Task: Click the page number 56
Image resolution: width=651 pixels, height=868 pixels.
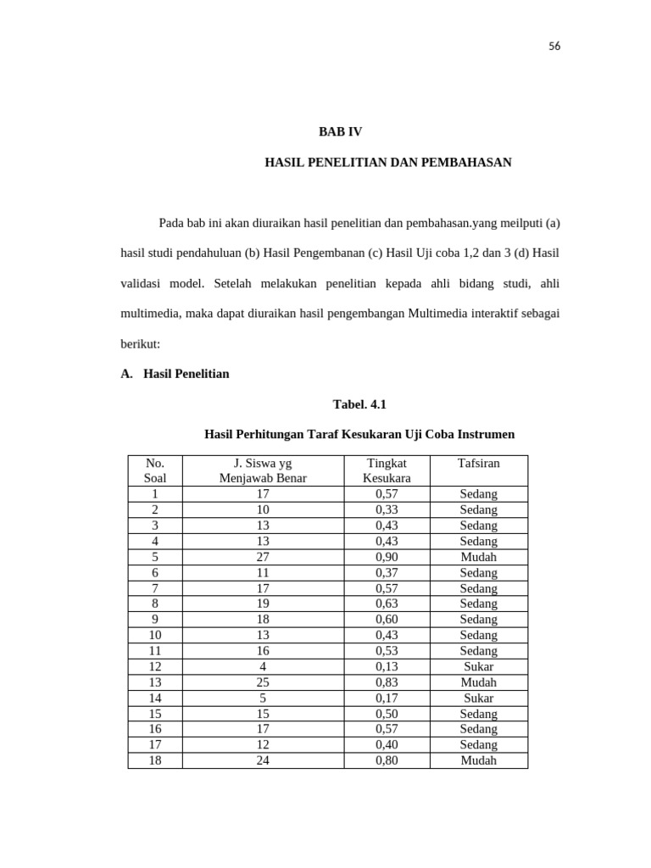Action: [x=554, y=47]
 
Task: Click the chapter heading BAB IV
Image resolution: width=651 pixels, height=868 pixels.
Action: [x=340, y=131]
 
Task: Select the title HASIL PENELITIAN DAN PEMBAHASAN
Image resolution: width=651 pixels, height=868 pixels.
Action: [x=388, y=162]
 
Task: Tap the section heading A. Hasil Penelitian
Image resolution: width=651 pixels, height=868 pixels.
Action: [x=175, y=374]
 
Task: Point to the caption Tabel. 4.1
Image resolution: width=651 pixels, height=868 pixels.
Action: [x=359, y=404]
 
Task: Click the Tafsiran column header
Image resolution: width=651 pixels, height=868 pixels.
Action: [x=478, y=463]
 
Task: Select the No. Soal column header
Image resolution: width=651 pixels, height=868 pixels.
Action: [x=155, y=470]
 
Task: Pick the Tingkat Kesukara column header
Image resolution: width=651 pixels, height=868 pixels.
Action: [x=387, y=470]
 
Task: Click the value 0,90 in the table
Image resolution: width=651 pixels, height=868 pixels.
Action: [x=387, y=557]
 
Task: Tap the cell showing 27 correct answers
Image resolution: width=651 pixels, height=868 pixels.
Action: [x=263, y=557]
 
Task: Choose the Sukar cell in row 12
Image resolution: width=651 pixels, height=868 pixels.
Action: [x=478, y=666]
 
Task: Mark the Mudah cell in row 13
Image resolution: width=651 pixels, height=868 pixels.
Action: [x=478, y=682]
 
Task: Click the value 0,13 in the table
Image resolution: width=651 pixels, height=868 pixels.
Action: [x=387, y=666]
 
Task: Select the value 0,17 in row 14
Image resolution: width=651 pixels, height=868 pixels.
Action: [x=387, y=698]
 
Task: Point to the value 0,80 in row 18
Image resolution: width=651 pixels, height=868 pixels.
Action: [x=387, y=760]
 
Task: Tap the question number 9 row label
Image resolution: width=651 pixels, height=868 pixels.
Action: [x=155, y=620]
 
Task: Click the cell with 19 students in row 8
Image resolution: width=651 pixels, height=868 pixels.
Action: [x=263, y=604]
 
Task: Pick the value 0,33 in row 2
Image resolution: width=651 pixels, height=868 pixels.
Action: [x=387, y=509]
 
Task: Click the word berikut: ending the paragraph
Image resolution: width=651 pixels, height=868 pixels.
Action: [x=141, y=345]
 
